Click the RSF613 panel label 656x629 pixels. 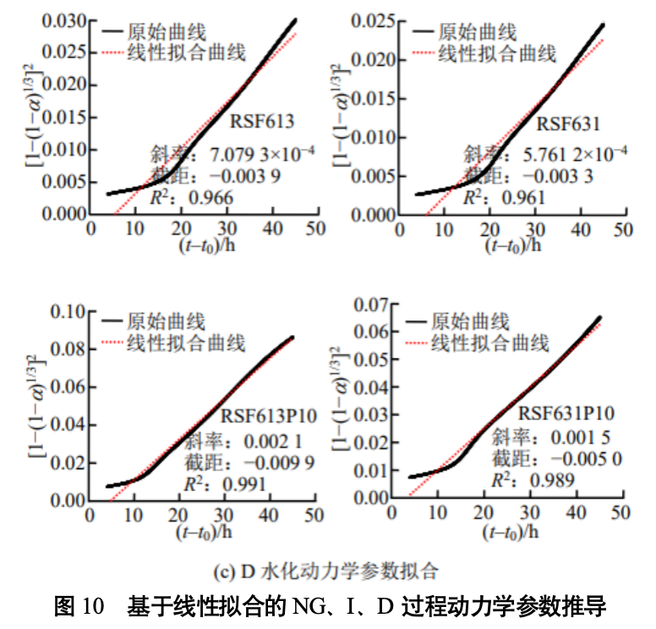point(262,121)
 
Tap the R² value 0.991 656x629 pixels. point(243,484)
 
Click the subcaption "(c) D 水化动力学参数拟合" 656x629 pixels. point(326,571)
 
